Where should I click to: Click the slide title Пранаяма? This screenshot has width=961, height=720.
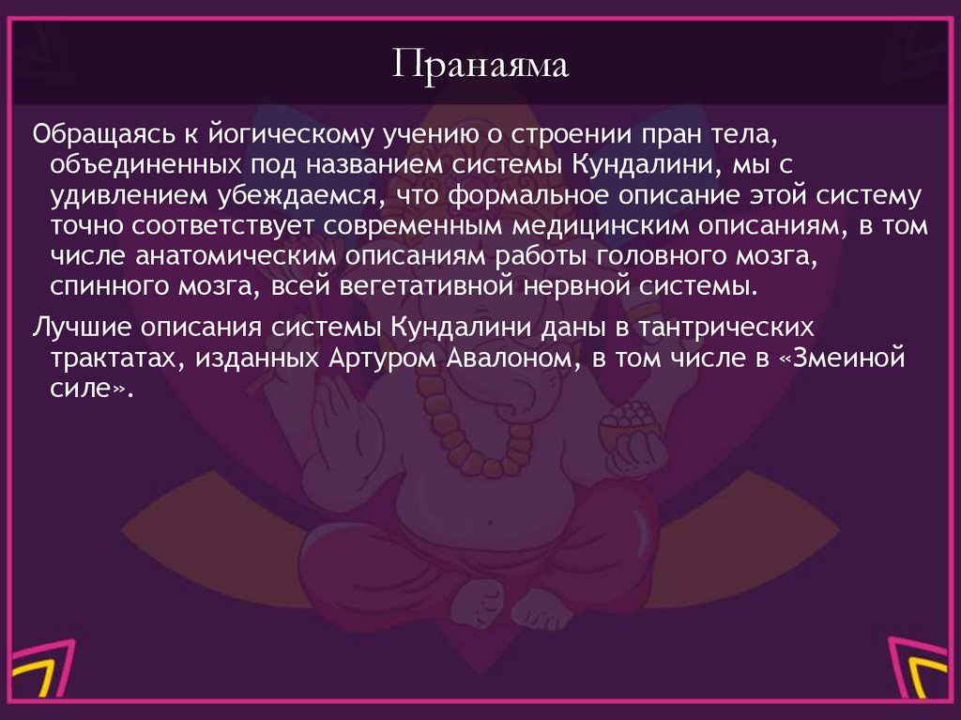[480, 68]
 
